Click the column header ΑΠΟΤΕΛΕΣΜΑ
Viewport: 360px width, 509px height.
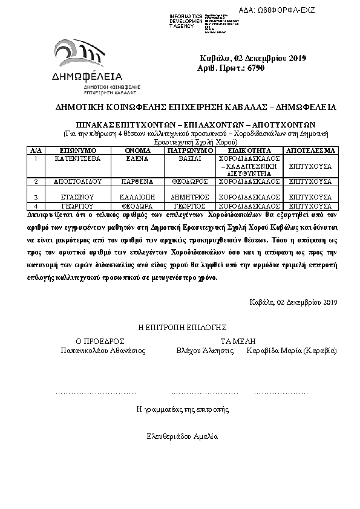pyautogui.click(x=310, y=149)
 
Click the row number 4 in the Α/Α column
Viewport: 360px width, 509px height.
pyautogui.click(x=36, y=206)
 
